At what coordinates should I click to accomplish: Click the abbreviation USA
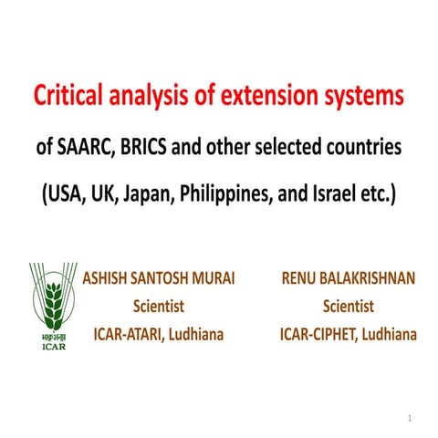coord(63,196)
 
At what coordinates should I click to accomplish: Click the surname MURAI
coord(211,277)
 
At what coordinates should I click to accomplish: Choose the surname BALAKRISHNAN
coord(369,277)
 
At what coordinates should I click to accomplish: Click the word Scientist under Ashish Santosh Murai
coord(159,307)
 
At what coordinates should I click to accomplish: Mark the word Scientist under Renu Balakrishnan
coord(348,307)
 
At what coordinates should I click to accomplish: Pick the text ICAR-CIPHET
coord(317,335)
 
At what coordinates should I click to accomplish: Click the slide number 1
coord(410,418)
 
